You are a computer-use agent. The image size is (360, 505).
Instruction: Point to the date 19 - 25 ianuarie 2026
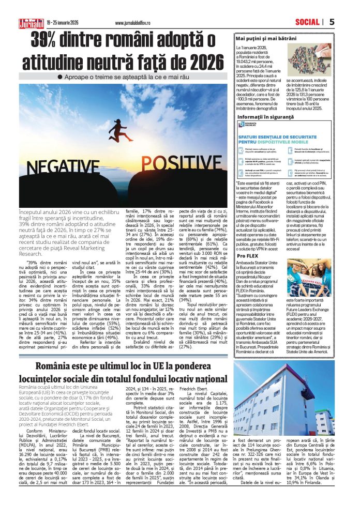pyautogui.click(x=63, y=23)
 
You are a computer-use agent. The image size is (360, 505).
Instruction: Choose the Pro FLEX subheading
pyautogui.click(x=246, y=241)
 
